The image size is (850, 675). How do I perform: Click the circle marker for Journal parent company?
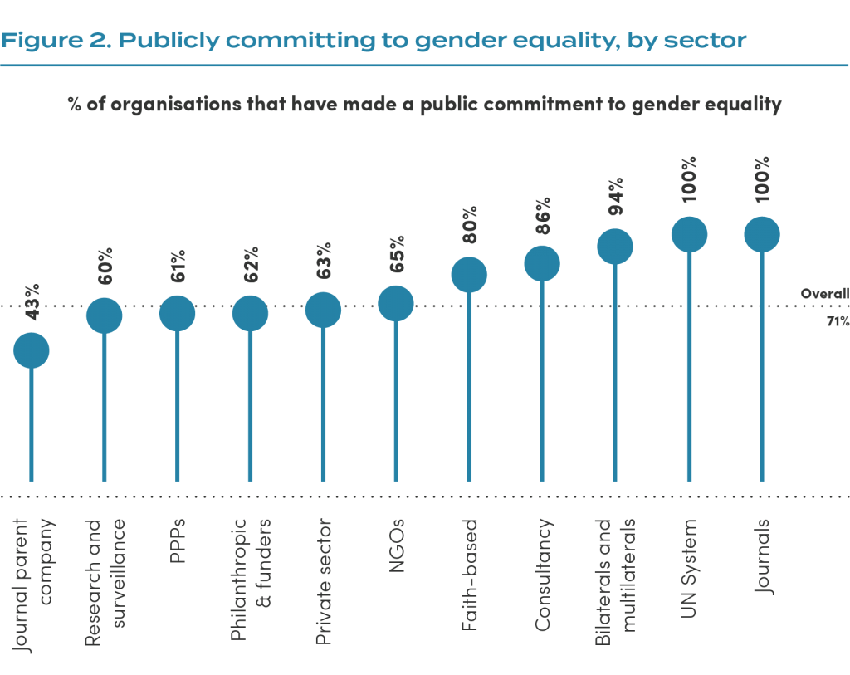(x=32, y=350)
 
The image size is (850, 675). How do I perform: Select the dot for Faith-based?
(x=469, y=275)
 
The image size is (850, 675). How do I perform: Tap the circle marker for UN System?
(x=690, y=235)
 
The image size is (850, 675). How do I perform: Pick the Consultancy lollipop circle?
(x=542, y=264)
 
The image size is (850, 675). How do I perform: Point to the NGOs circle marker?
(x=396, y=304)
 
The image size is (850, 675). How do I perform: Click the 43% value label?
(x=32, y=301)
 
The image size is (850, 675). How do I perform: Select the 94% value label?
(x=616, y=196)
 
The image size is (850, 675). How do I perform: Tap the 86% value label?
(x=543, y=216)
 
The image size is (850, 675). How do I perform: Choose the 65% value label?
(x=397, y=254)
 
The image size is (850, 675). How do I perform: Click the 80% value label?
(x=470, y=224)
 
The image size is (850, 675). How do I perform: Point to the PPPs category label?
(x=178, y=540)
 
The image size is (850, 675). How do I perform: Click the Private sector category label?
(x=324, y=582)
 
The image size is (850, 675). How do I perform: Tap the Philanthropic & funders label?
(x=251, y=580)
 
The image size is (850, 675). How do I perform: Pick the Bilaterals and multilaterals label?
(x=615, y=582)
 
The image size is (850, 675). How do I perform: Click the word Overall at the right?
(x=825, y=294)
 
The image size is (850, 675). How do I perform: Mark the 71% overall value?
(x=838, y=321)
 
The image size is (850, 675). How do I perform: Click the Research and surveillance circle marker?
(x=104, y=315)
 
